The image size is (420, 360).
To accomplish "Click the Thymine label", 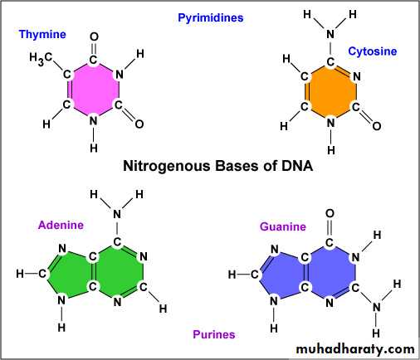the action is [42, 35].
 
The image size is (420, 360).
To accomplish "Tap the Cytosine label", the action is [372, 51].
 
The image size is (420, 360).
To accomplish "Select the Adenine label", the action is [61, 225].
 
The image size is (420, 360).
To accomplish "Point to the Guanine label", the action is [283, 226].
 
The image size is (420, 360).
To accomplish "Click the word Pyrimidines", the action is [211, 18].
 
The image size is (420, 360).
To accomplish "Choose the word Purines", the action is [214, 334].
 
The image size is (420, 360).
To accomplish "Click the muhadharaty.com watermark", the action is [355, 349].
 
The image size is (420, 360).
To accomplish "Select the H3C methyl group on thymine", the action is [41, 58].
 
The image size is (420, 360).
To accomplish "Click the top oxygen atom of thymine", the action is [94, 36].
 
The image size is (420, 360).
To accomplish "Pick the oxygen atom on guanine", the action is [330, 213].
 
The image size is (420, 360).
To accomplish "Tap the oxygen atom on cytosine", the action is [377, 126].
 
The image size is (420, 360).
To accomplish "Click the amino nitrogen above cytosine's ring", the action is [330, 34].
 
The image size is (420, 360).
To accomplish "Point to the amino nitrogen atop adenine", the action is [117, 214].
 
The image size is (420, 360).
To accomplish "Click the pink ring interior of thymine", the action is [93, 90].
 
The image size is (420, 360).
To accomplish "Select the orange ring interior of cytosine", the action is [331, 91].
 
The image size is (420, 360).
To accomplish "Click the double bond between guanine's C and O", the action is [330, 228].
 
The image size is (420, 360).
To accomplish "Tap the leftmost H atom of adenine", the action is [20, 274].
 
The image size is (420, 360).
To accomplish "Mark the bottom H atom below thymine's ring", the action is [94, 148].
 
